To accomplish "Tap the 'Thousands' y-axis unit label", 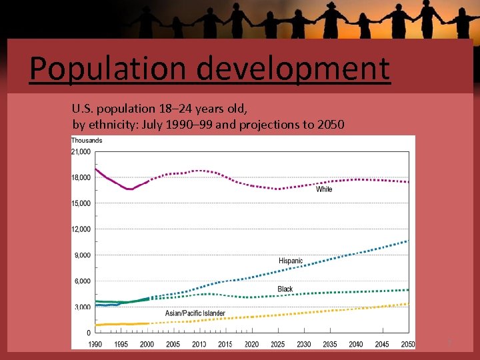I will coord(87,141).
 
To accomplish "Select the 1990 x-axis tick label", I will coord(96,344).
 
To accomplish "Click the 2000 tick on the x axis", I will coord(147,344).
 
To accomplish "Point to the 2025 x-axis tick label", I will coord(278,344).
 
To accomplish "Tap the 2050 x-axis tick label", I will coord(407,344).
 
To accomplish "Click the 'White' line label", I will coord(324,189).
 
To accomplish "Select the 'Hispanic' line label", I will coord(291,261).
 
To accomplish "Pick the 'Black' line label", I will coord(285,289).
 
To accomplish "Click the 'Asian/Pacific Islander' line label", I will coord(195,313).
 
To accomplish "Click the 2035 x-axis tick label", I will coord(329,344).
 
